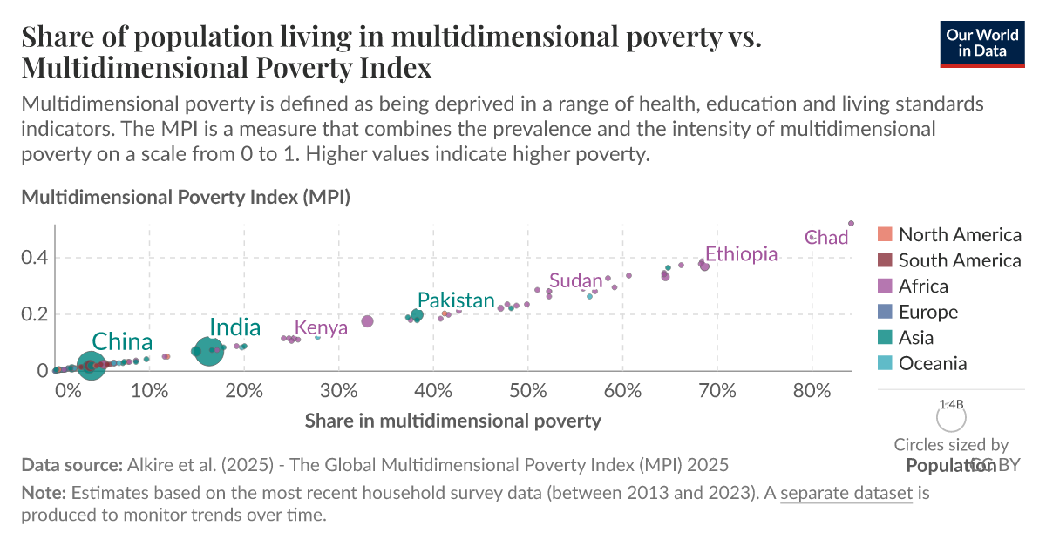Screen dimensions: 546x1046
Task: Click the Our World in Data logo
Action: point(981,41)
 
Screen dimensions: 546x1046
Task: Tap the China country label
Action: point(122,342)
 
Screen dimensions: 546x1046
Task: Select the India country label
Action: point(235,327)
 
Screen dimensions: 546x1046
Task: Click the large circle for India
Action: point(208,352)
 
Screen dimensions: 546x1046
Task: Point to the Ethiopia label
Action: point(741,254)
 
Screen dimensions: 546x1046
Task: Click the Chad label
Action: point(827,238)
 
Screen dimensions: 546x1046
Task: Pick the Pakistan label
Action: point(456,300)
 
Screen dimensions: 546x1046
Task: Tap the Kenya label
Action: point(321,328)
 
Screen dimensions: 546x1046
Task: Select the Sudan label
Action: point(576,281)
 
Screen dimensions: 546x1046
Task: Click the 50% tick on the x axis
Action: point(527,389)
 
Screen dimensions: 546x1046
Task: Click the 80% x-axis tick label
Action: point(812,389)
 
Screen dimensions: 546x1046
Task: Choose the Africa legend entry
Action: point(923,286)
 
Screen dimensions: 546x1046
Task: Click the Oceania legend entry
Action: point(932,364)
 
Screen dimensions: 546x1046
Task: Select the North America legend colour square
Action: point(885,235)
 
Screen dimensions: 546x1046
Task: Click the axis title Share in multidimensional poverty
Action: point(453,421)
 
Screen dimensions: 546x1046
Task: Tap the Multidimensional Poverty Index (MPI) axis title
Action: point(186,198)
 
